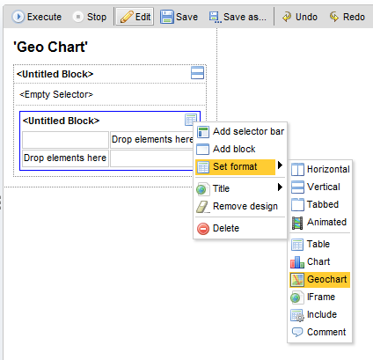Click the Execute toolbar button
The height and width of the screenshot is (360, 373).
tap(37, 17)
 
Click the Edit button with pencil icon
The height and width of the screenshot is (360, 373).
tap(135, 17)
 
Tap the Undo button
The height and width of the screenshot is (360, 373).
tap(300, 17)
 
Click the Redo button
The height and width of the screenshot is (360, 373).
tap(347, 17)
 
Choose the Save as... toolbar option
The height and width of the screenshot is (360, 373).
tap(238, 17)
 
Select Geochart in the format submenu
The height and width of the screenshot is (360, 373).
tap(320, 279)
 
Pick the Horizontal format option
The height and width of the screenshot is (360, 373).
tap(320, 169)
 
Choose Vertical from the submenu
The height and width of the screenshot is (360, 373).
tap(316, 187)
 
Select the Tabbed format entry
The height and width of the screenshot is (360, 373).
tap(315, 204)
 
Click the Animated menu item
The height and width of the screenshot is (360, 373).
tap(319, 222)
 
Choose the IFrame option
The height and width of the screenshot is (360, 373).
tap(313, 297)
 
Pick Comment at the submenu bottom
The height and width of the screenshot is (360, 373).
tap(319, 332)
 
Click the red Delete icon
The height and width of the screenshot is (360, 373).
tap(203, 229)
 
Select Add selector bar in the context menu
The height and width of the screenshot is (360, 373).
tap(240, 131)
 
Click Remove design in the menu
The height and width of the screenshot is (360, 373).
tap(237, 206)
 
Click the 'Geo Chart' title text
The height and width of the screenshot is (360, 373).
tap(50, 47)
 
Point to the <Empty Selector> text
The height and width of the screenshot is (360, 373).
tap(56, 94)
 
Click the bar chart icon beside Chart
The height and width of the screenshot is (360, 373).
tap(297, 262)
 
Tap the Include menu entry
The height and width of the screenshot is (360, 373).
tap(314, 314)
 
